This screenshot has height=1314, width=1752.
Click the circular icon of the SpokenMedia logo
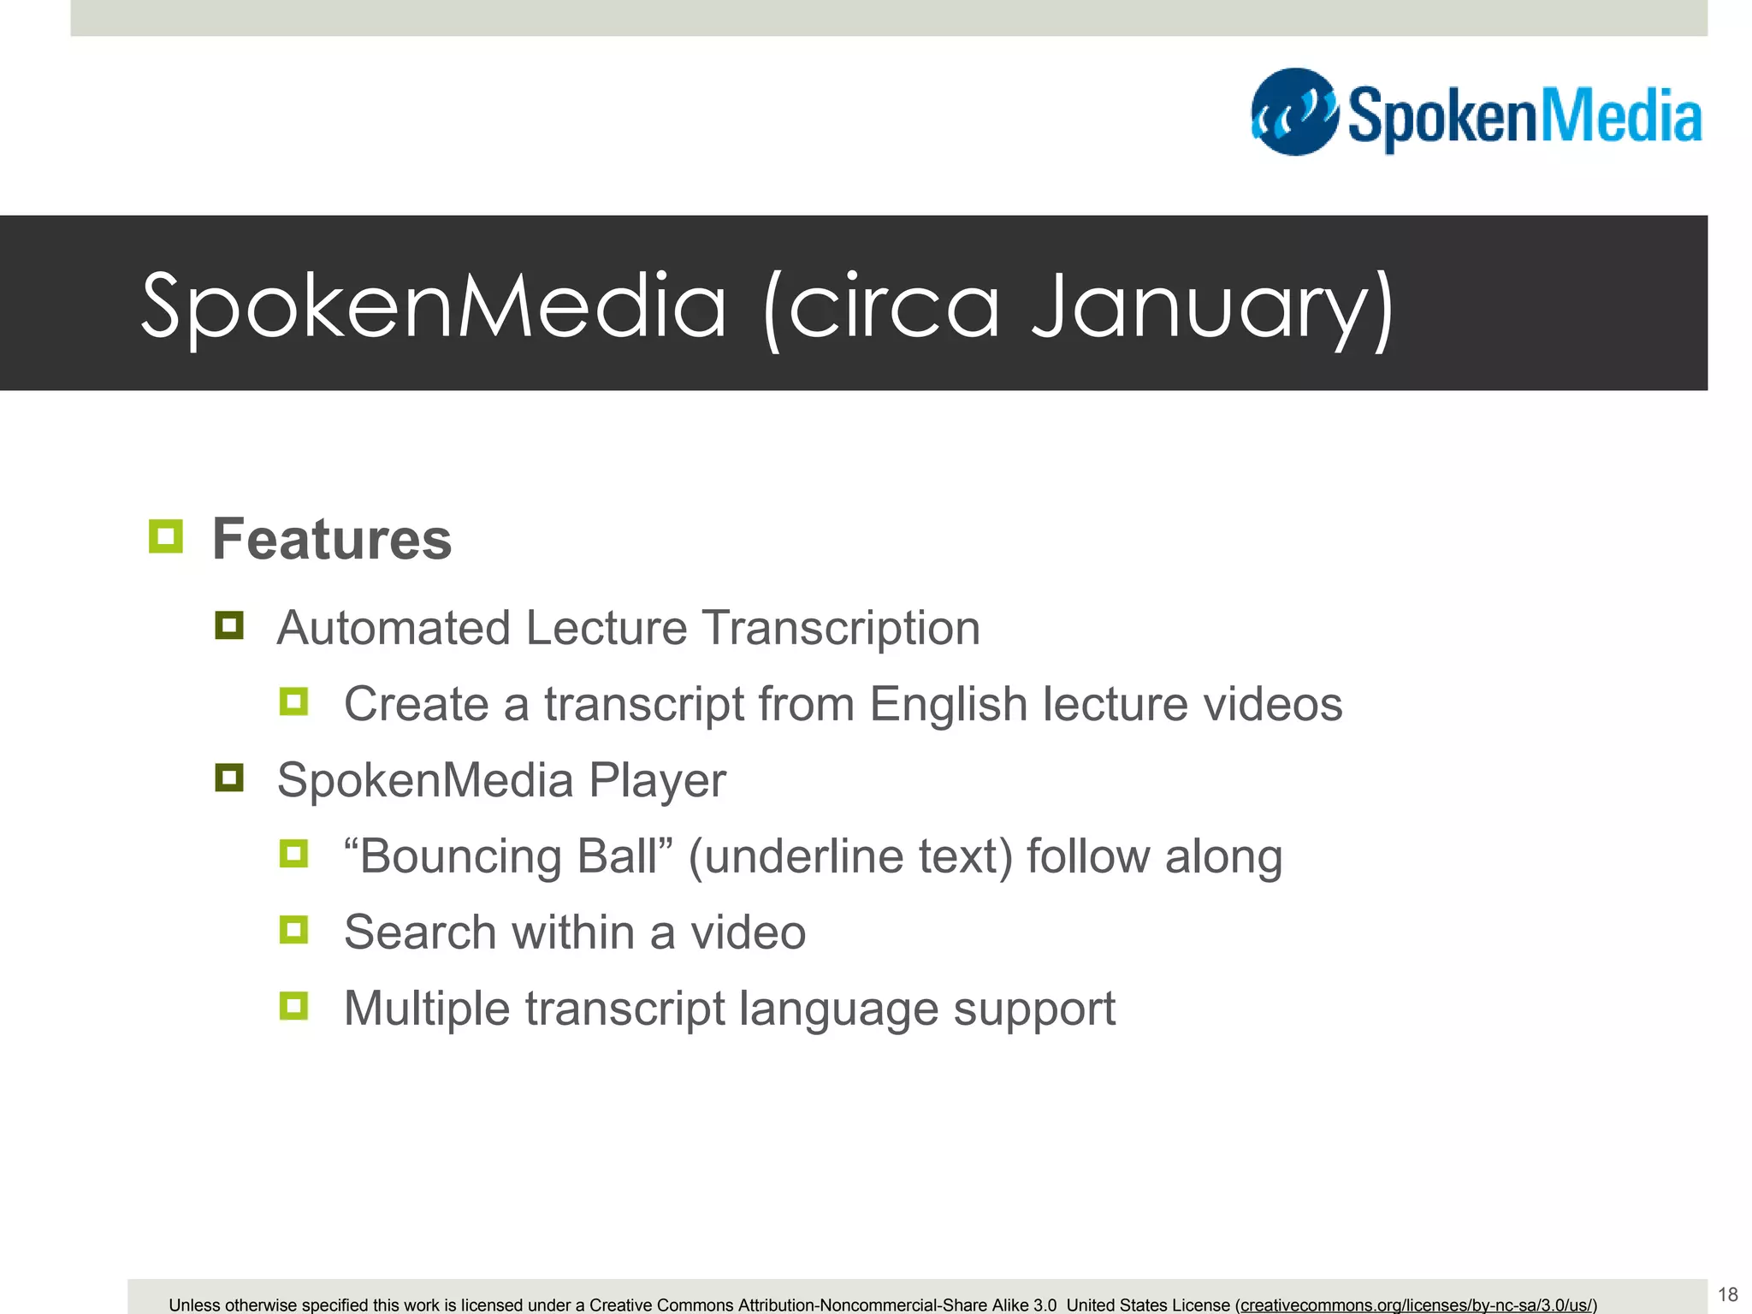pos(1294,112)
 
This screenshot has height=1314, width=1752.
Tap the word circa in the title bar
pos(893,306)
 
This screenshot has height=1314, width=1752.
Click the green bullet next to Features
pos(165,536)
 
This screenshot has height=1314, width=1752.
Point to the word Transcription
pos(841,627)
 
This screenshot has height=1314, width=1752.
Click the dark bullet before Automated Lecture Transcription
pos(229,625)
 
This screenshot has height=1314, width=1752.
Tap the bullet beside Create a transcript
pos(293,701)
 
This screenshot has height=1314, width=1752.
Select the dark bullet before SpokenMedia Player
pos(229,778)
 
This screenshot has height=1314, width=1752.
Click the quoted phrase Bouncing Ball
pos(509,855)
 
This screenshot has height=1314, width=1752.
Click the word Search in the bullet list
pos(420,932)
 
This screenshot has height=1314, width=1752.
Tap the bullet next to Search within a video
pos(293,930)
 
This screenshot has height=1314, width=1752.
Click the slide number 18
pos(1727,1294)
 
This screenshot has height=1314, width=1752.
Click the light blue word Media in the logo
pos(1616,117)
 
